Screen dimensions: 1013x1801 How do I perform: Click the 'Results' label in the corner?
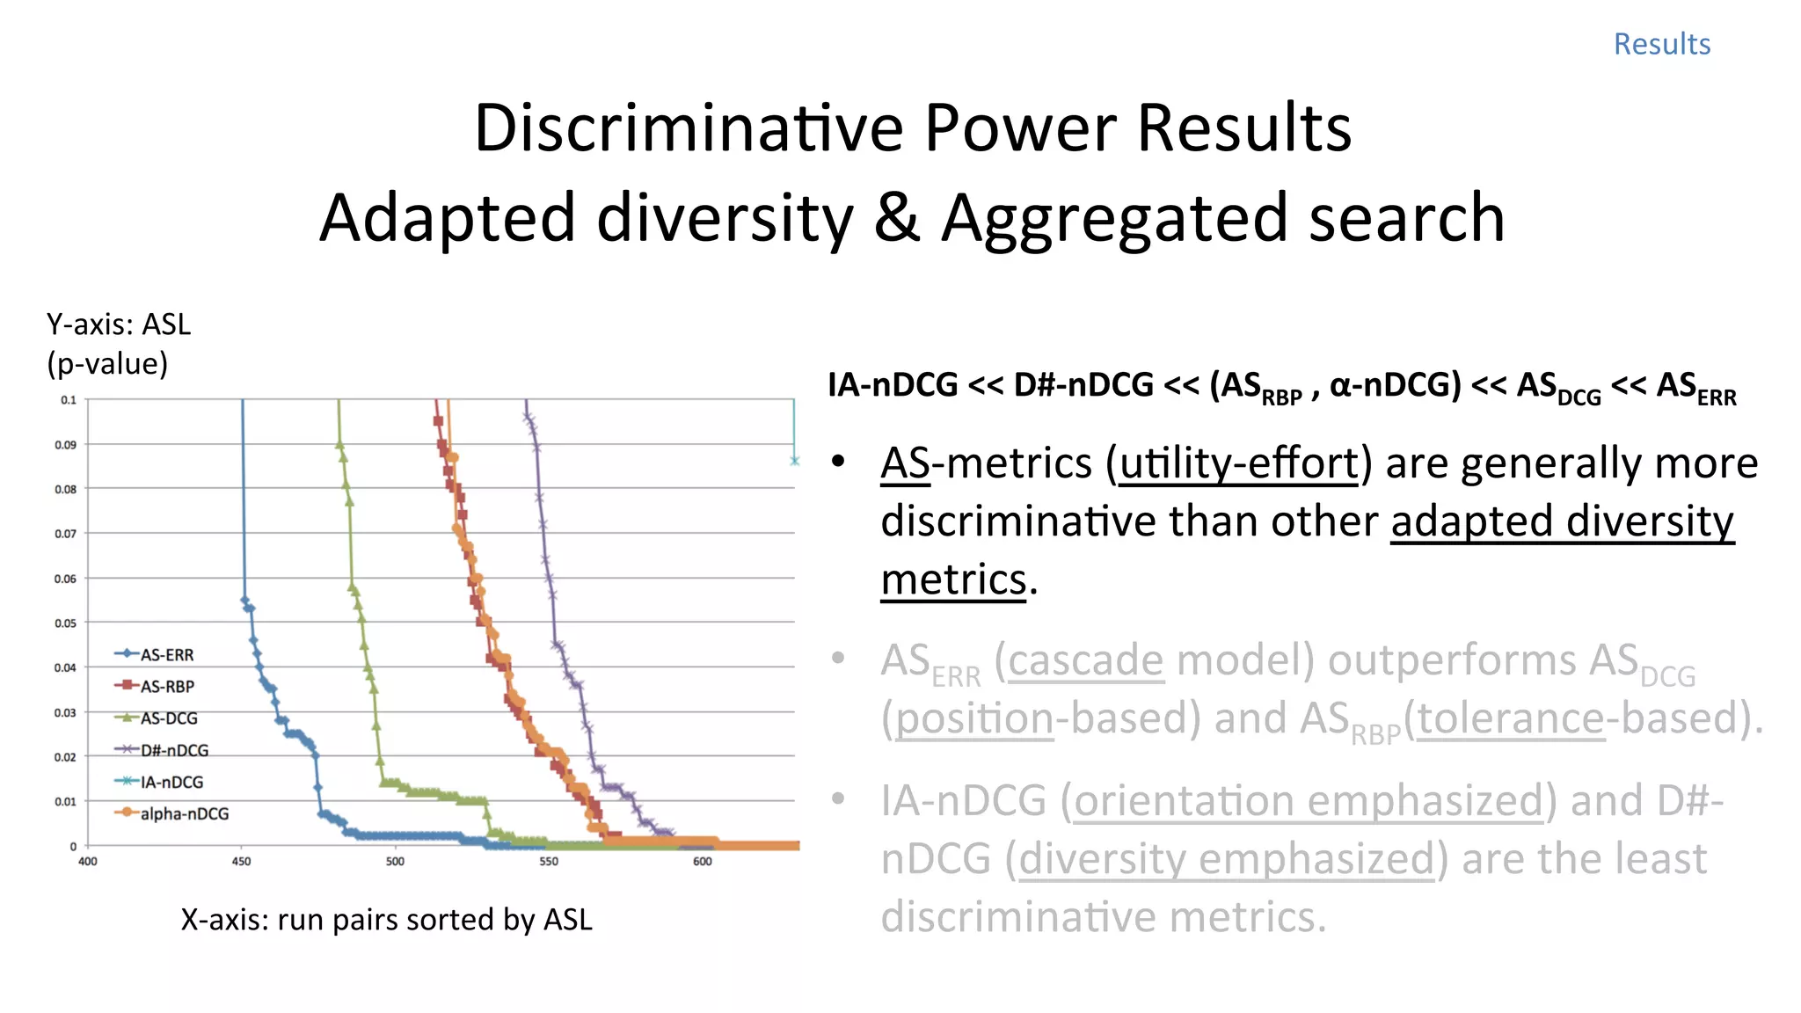click(x=1661, y=44)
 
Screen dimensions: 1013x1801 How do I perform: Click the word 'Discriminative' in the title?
click(x=689, y=128)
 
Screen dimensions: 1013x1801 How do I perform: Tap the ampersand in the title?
click(x=896, y=218)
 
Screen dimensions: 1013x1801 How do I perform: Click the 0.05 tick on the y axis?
click(x=66, y=623)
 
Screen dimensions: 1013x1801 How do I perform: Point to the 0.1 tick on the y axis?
click(x=69, y=400)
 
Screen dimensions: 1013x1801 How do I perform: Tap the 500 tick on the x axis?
click(x=395, y=862)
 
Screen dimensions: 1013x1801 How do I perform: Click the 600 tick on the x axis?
click(x=702, y=862)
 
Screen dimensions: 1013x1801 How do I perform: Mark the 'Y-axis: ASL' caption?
click(x=119, y=325)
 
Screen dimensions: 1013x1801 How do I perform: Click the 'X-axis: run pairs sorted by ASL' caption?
click(x=386, y=920)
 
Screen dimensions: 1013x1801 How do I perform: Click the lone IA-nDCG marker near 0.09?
click(x=794, y=461)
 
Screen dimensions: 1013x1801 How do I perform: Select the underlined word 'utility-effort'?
click(x=1240, y=463)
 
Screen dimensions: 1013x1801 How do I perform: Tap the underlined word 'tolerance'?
click(x=1511, y=718)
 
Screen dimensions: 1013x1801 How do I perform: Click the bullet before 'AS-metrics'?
click(x=838, y=461)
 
